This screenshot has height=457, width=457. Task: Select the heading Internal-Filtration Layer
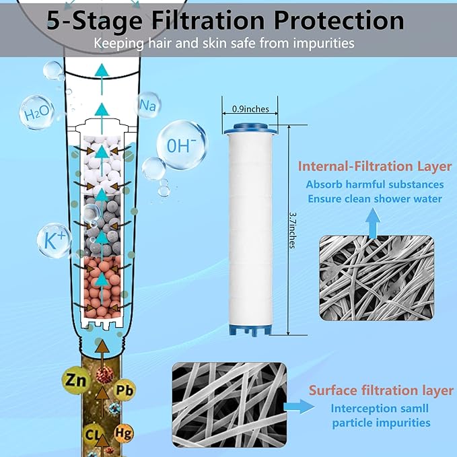(x=375, y=165)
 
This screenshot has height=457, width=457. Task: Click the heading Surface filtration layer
(x=380, y=390)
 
